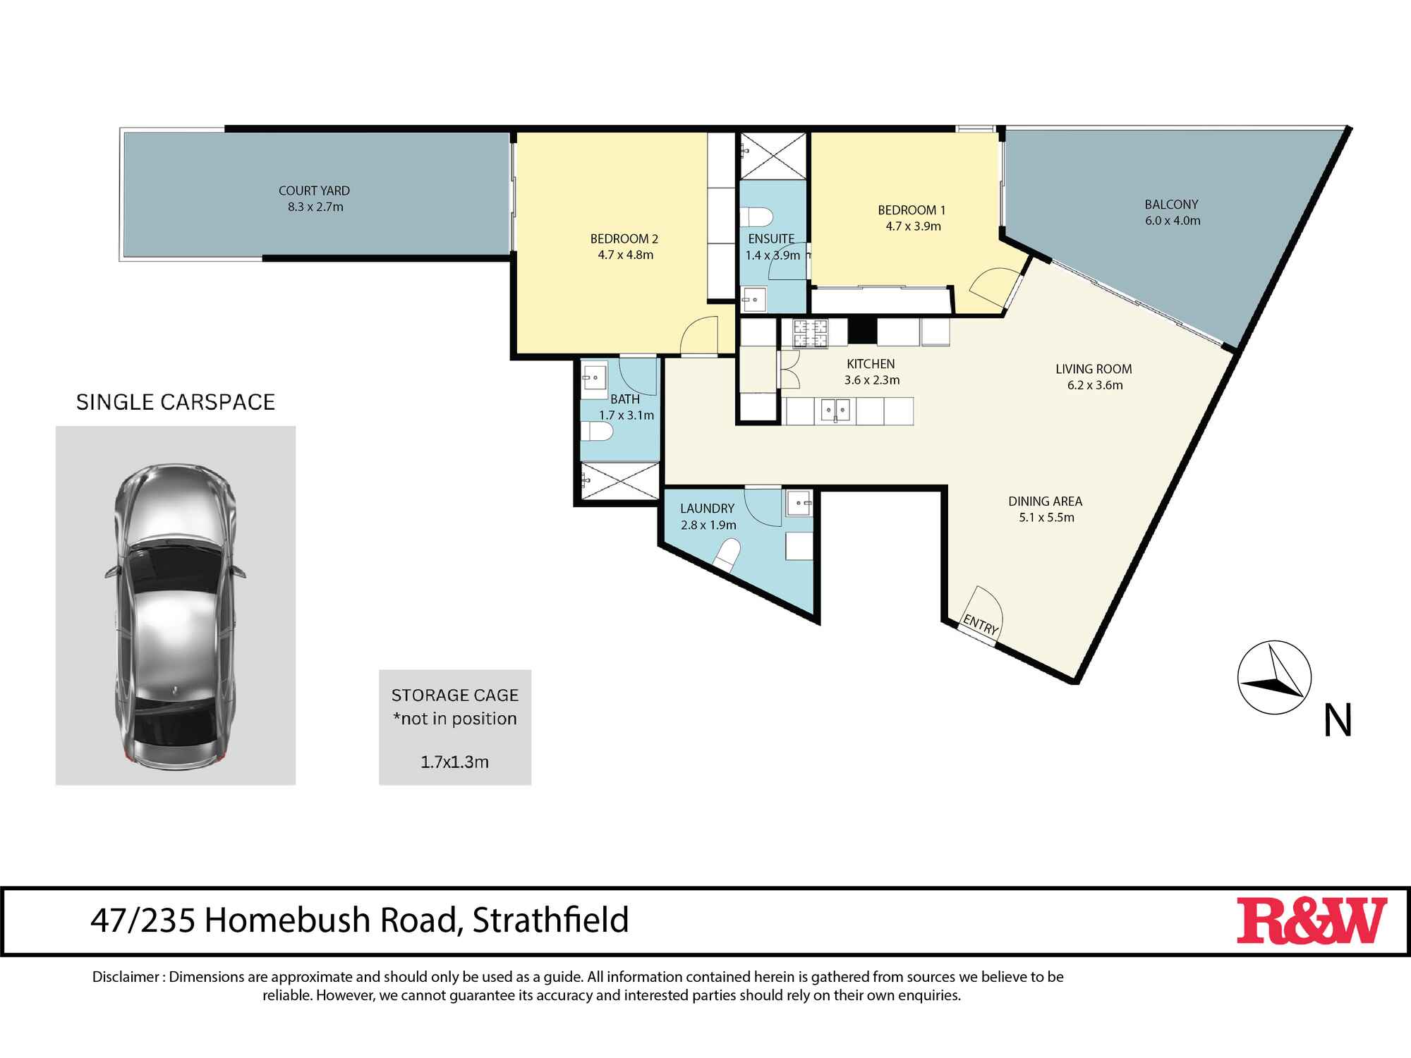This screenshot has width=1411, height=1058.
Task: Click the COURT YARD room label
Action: click(314, 190)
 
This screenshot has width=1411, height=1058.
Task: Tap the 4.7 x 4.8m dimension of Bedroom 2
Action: click(625, 255)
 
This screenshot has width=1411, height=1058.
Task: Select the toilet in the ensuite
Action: click(758, 215)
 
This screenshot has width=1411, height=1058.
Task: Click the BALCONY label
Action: click(1171, 205)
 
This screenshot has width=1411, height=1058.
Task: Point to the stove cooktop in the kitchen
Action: click(810, 334)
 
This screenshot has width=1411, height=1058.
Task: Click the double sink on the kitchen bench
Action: click(835, 410)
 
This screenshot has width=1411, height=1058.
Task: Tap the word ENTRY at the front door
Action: click(981, 624)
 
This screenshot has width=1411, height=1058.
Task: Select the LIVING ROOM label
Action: click(1094, 369)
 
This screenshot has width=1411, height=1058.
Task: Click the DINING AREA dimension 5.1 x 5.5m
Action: click(1046, 518)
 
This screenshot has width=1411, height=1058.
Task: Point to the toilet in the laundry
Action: click(727, 553)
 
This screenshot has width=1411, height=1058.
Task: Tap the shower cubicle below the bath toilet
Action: click(619, 482)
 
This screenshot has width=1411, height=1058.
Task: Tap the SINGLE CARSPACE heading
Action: click(176, 402)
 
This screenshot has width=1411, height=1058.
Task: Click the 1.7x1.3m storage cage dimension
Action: click(454, 762)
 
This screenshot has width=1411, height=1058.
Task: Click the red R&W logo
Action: click(1311, 920)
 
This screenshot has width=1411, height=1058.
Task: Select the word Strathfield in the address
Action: click(550, 920)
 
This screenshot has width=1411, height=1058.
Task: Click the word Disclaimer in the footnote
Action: click(126, 977)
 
